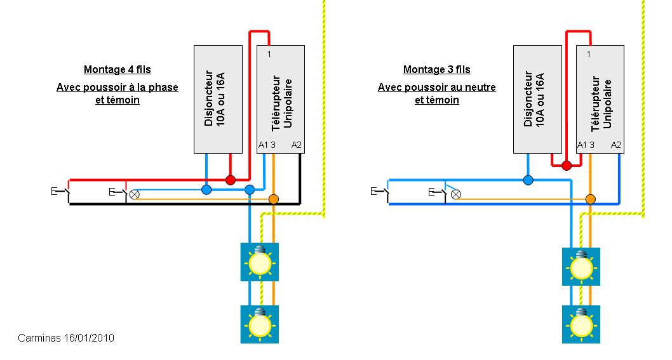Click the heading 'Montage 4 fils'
coord(118,69)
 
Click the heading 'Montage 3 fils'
coord(437,69)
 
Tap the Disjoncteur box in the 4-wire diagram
coord(218,98)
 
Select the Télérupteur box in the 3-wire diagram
coord(600,98)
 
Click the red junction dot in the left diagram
coord(231,180)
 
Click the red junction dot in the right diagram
coord(566,166)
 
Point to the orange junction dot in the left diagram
coord(274,199)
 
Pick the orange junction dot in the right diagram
coord(591,199)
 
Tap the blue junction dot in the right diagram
coord(528,180)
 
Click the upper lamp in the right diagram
coord(581,267)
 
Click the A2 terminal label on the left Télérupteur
coord(297,145)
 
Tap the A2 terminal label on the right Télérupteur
coord(615,145)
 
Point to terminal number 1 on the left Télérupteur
coord(270,54)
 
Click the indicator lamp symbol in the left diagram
coord(135,194)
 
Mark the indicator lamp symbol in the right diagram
coord(455,194)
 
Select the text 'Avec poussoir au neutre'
coord(437,87)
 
